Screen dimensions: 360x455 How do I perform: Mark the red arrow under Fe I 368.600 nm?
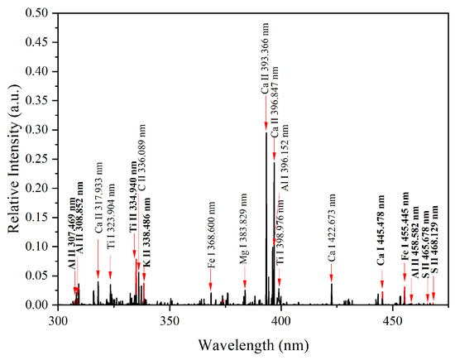tap(211, 286)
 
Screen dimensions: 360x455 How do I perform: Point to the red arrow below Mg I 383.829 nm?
tap(245, 282)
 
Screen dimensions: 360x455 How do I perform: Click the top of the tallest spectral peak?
tap(266, 133)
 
